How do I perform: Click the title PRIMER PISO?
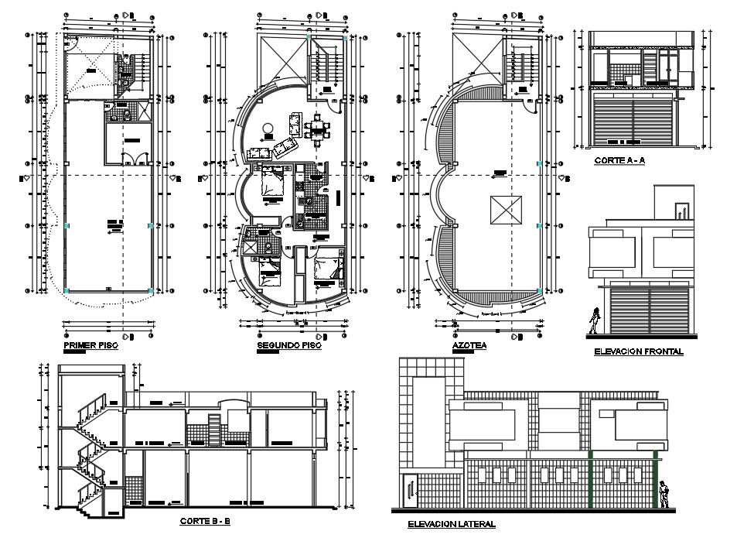click(x=90, y=346)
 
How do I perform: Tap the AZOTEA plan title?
click(x=469, y=346)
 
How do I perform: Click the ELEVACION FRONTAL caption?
click(x=638, y=351)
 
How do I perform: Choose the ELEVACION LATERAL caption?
click(x=452, y=524)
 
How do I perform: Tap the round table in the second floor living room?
click(x=268, y=129)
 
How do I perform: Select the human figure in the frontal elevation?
click(x=595, y=321)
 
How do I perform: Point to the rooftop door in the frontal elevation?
click(x=681, y=210)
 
